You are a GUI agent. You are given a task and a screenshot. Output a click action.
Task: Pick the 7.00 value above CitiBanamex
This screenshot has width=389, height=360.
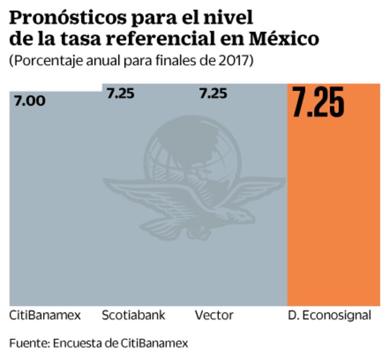[x=28, y=101]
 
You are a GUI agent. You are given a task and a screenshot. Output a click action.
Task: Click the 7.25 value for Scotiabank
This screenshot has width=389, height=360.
[x=121, y=93]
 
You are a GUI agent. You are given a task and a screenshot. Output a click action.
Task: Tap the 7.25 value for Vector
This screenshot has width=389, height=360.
[x=213, y=93]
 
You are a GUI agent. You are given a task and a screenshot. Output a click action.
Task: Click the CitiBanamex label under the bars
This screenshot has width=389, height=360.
[x=45, y=316]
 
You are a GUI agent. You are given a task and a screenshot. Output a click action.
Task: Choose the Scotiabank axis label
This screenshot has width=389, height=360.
[x=134, y=316]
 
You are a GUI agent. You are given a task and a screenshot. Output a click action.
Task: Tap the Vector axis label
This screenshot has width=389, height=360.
[x=214, y=316]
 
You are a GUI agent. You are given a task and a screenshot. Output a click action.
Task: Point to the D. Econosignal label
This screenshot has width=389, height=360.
[x=329, y=316]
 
